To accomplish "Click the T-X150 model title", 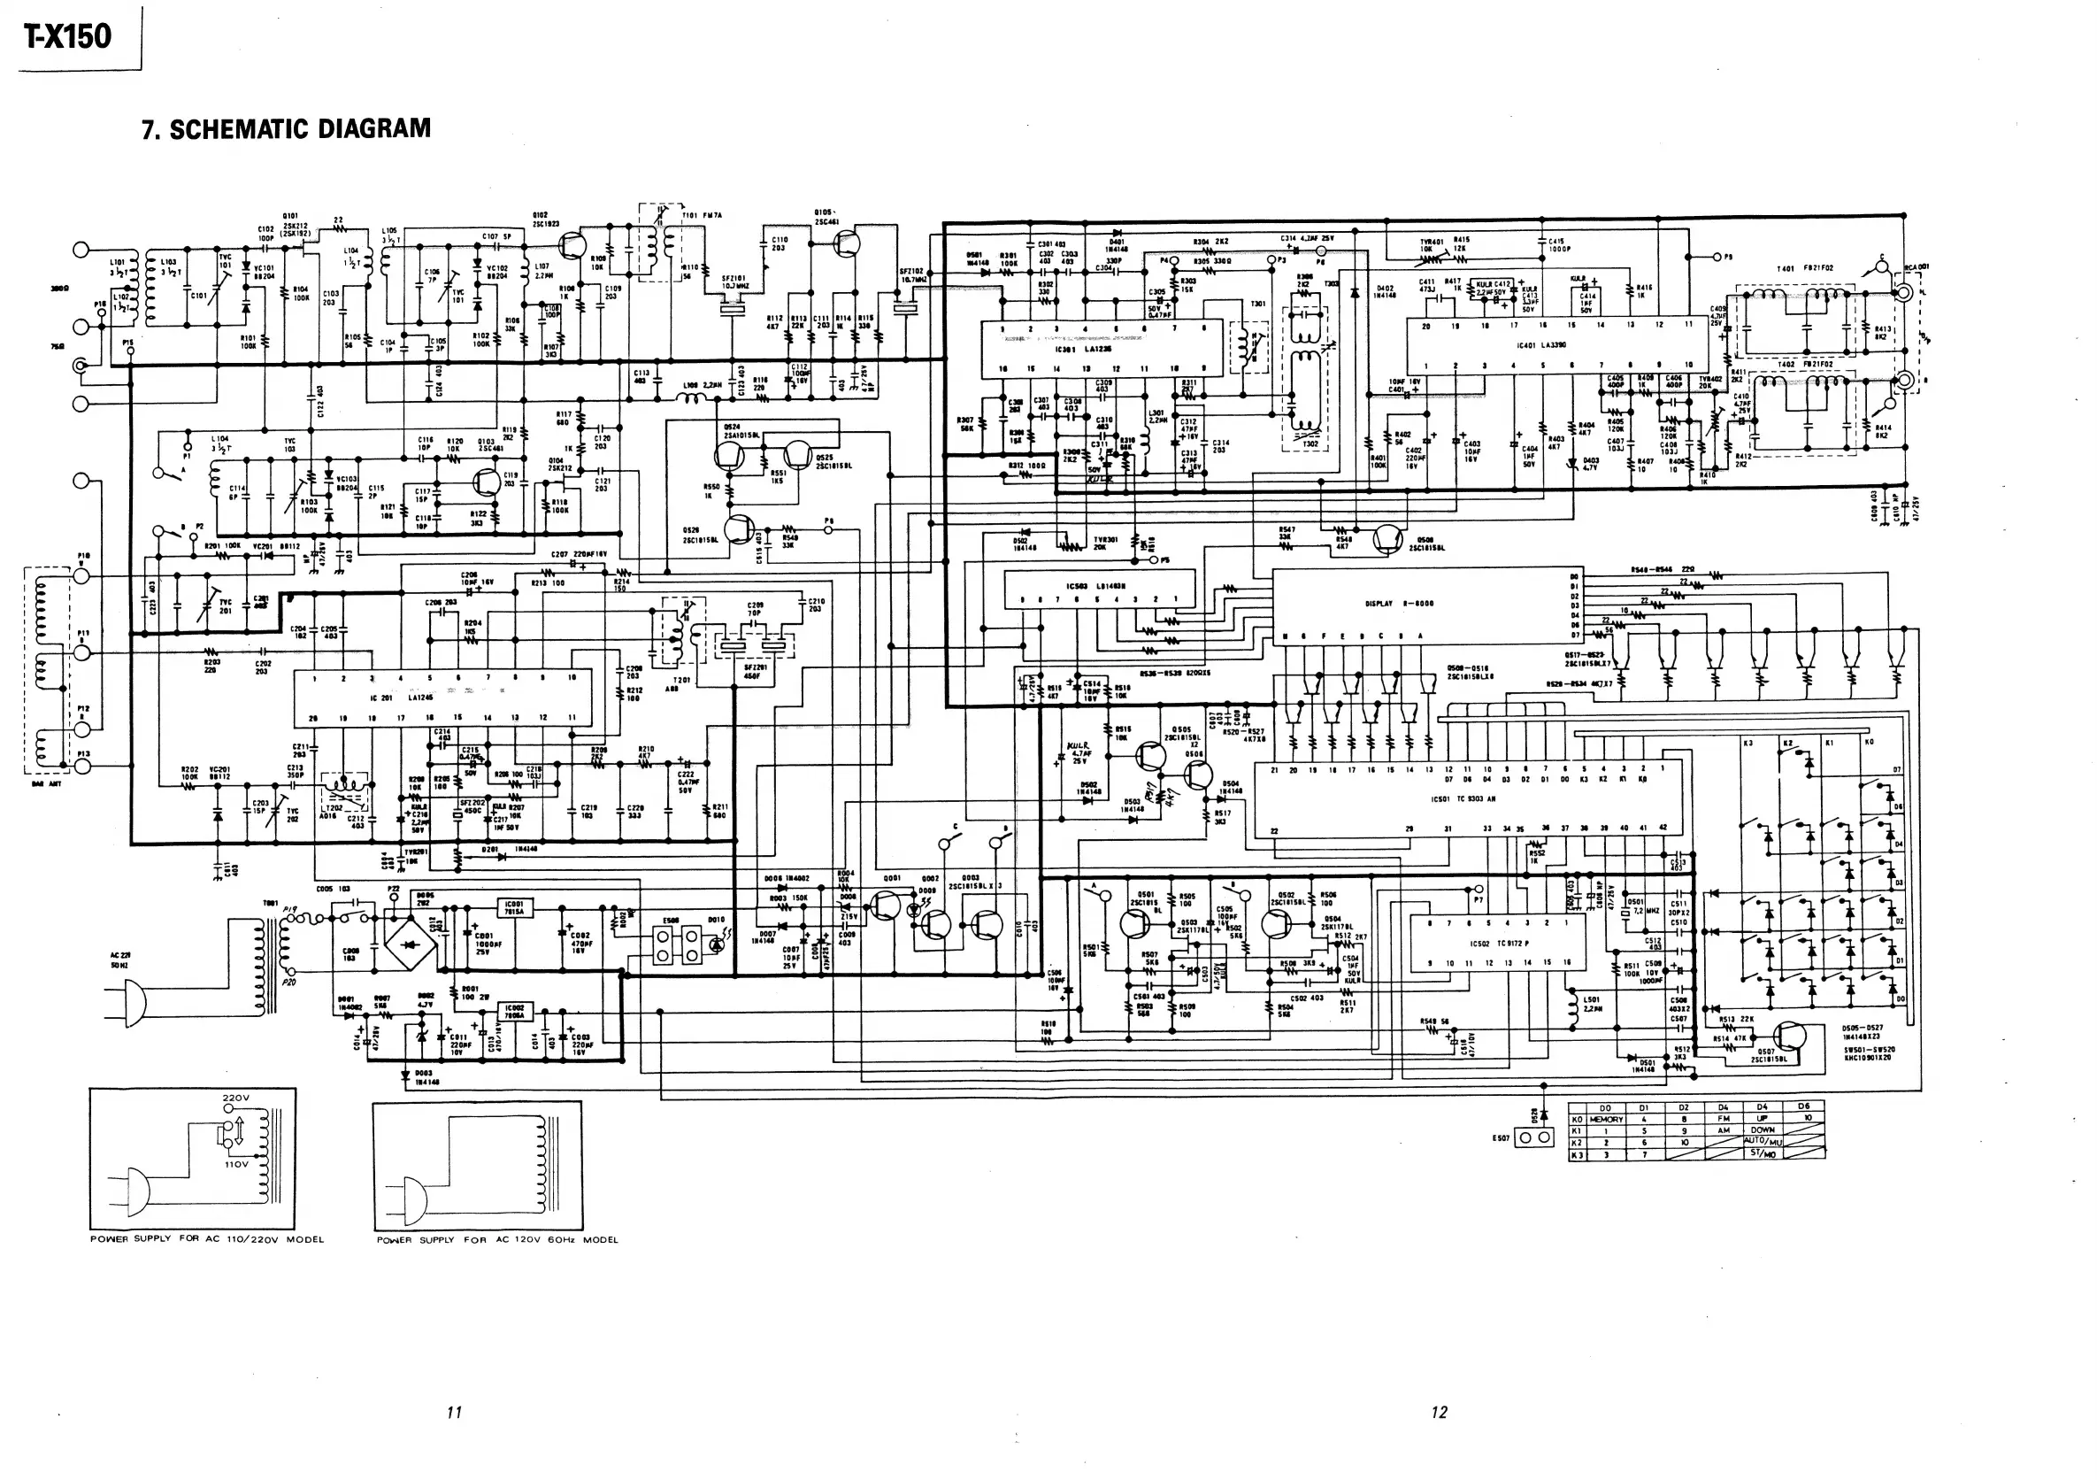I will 67,36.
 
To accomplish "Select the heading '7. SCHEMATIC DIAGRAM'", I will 286,129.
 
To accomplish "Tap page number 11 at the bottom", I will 454,1413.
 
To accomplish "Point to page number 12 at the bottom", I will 1439,1413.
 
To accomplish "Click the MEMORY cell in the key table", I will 1606,1119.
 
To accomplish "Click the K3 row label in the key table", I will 1577,1155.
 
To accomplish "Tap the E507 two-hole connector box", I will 1534,1137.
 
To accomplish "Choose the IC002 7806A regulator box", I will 514,1013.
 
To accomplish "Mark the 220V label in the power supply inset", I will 235,1098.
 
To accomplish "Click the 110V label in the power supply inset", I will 235,1165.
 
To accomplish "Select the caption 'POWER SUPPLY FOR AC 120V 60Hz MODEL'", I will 497,1240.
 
